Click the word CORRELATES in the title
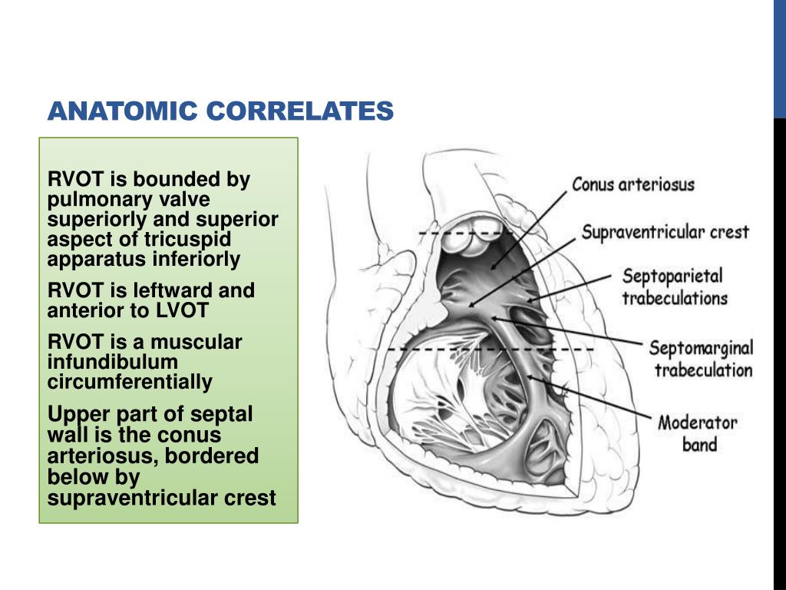click(299, 112)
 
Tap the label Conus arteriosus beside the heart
click(633, 185)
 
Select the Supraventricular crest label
click(665, 231)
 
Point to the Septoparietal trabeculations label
click(673, 287)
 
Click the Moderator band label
click(698, 433)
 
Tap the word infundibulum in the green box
click(113, 362)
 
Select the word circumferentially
click(130, 382)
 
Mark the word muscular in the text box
click(200, 342)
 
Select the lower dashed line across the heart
click(491, 350)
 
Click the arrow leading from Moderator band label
click(592, 399)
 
